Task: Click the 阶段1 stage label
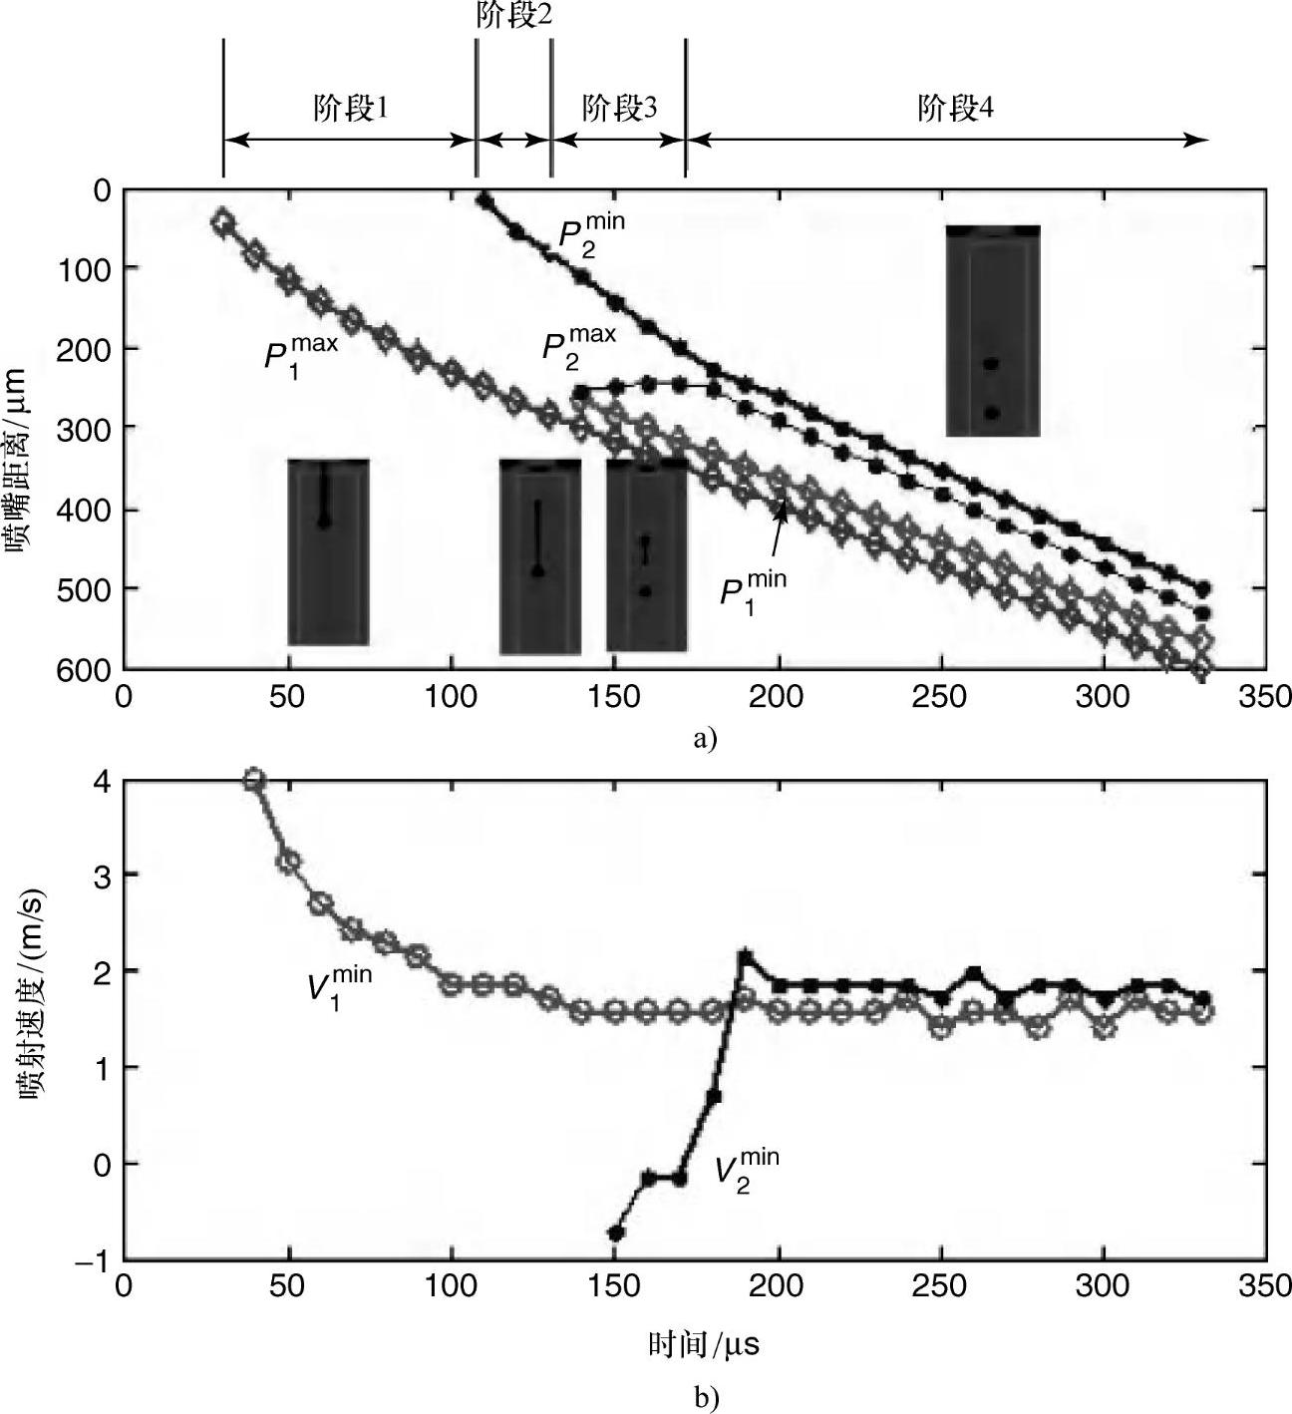[349, 108]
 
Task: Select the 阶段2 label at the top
[513, 16]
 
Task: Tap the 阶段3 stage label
[619, 108]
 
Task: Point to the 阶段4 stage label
[955, 108]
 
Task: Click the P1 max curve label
[299, 354]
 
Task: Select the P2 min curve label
[589, 235]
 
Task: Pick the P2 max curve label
[578, 346]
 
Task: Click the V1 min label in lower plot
[338, 987]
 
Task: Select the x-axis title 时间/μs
[704, 1345]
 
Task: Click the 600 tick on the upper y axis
[90, 670]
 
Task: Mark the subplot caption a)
[704, 739]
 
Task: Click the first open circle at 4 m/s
[254, 779]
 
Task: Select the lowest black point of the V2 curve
[616, 1233]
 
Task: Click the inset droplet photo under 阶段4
[993, 330]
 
